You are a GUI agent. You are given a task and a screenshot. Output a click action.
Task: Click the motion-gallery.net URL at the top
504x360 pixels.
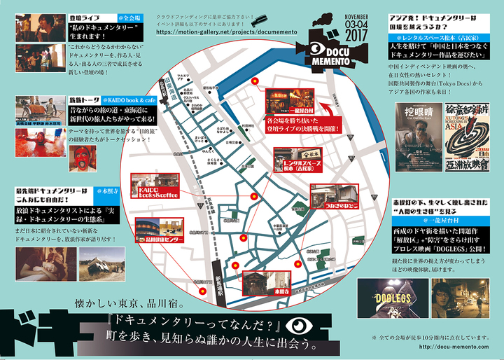click(211, 32)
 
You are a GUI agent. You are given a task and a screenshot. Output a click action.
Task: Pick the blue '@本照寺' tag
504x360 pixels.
click(118, 190)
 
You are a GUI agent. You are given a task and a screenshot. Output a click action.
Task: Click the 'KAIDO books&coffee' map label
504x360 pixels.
click(161, 193)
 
